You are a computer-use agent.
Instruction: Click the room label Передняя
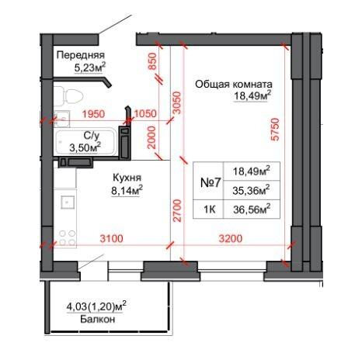tap(81, 55)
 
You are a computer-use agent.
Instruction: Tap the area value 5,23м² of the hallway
tap(90, 67)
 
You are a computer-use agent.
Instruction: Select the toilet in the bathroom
tap(68, 96)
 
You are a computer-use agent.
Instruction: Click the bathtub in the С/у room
tap(87, 142)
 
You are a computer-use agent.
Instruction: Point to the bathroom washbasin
tap(61, 119)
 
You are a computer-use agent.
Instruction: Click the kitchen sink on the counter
tap(68, 202)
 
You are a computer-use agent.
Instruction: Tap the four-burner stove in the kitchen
tap(68, 237)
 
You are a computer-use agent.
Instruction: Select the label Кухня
tap(127, 178)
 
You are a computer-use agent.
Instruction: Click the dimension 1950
tap(93, 114)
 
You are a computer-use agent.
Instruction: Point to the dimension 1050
tap(145, 113)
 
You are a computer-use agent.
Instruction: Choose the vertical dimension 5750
tap(275, 130)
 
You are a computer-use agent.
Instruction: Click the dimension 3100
tap(112, 238)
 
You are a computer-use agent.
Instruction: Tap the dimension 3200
tap(231, 238)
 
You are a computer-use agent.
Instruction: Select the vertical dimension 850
tap(152, 61)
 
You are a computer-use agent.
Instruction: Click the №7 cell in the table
tap(211, 183)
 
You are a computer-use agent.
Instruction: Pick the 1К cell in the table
tap(210, 209)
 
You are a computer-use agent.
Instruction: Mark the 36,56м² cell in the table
tap(252, 209)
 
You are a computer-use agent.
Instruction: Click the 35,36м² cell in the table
tap(251, 190)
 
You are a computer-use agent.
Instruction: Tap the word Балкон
tap(97, 319)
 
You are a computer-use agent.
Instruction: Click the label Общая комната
tap(234, 84)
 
